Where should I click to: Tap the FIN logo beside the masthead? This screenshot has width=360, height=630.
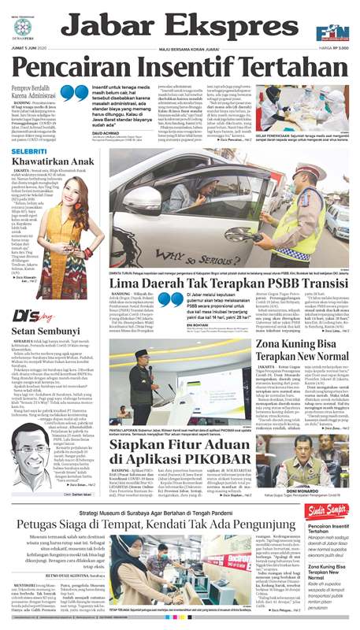coord(332,32)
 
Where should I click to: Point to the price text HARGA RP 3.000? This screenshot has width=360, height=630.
coord(333,49)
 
